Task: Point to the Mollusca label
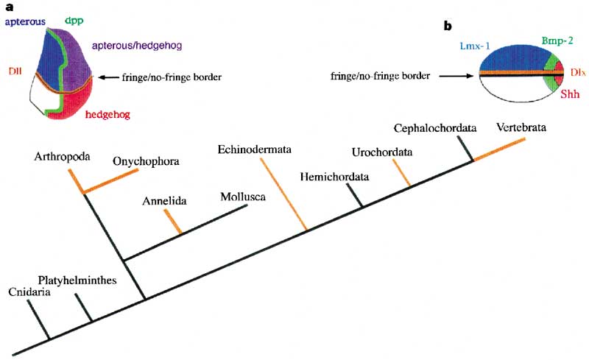tap(243, 197)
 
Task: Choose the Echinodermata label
tap(254, 150)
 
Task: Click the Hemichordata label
tap(336, 177)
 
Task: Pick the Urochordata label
tap(381, 152)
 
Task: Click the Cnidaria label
tap(29, 292)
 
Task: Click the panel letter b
tap(447, 27)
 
